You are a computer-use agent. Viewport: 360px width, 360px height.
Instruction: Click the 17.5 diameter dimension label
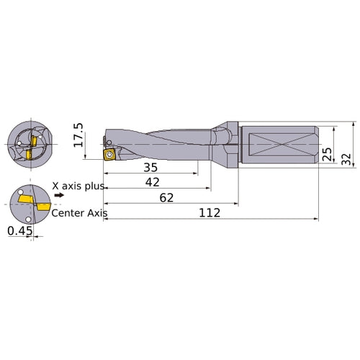point(78,135)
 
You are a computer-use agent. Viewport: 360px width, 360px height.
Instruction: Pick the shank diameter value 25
point(328,154)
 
